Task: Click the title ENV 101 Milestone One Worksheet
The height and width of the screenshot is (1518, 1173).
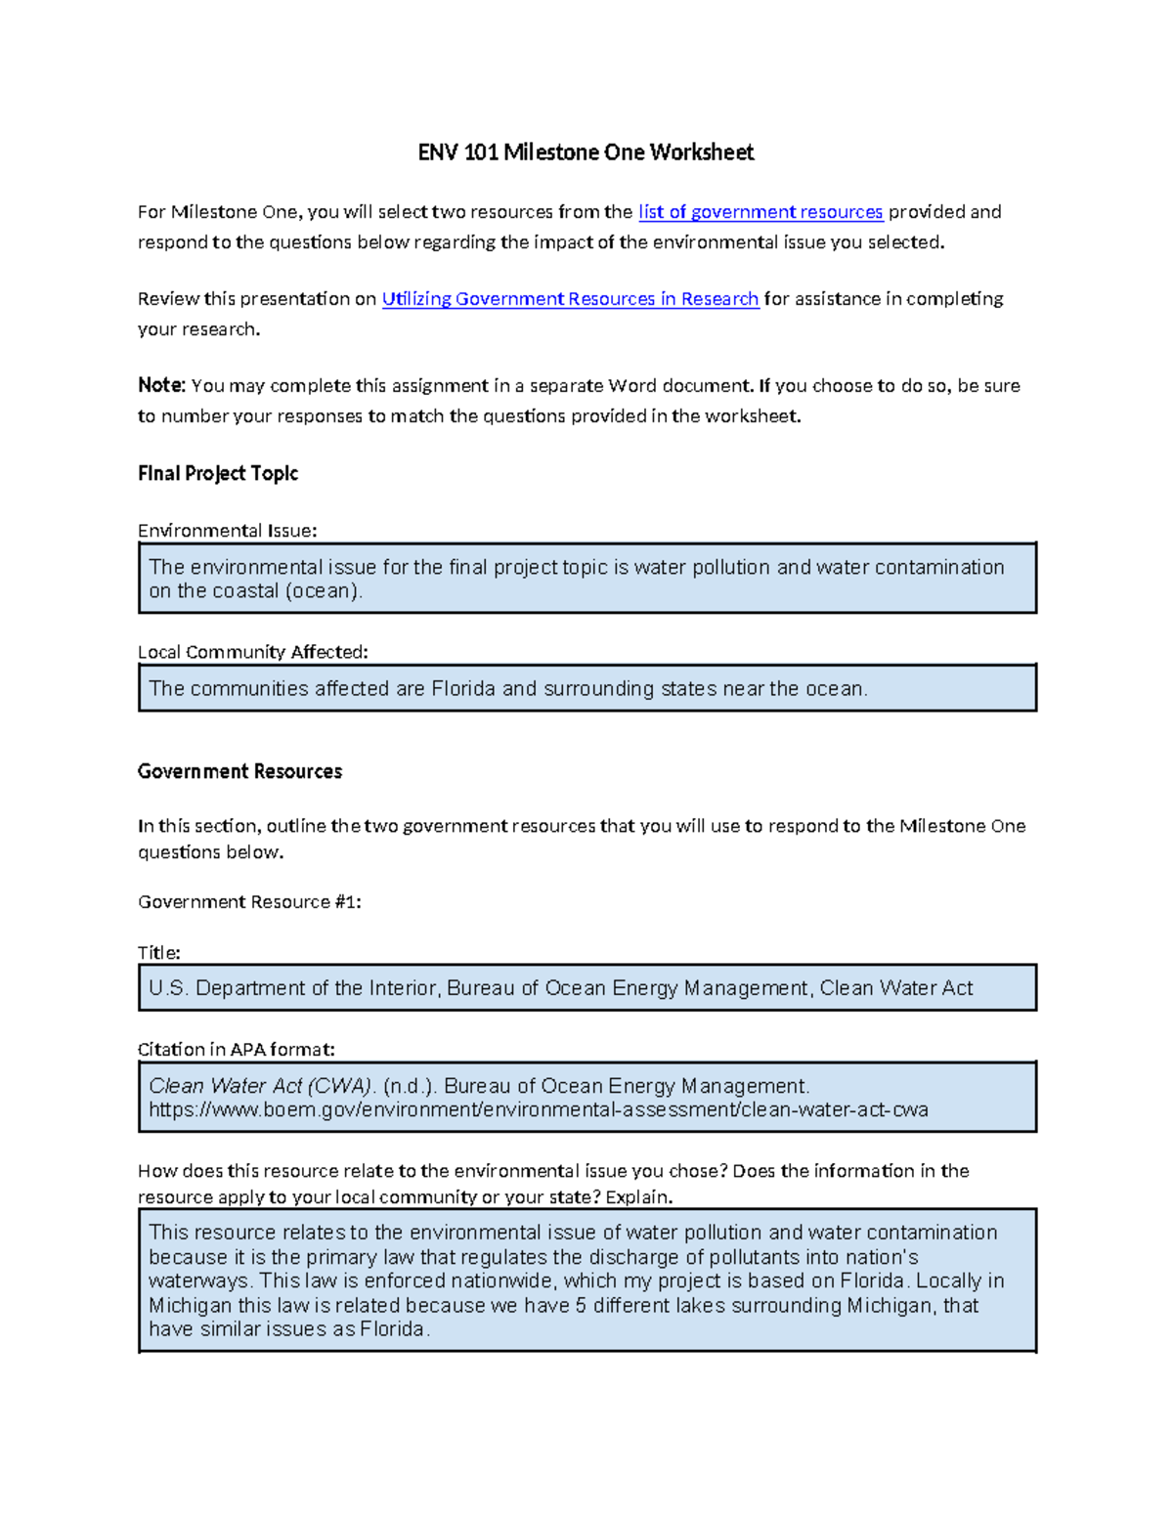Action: (586, 152)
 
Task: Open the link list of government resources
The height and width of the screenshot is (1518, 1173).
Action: (760, 212)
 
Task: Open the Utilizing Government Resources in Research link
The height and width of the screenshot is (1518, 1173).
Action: (570, 299)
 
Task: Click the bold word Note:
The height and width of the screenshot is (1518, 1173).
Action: (161, 386)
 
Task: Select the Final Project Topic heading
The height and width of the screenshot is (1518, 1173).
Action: (217, 473)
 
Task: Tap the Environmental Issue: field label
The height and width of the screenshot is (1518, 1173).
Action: (227, 531)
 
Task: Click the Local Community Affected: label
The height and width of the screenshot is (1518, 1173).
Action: (252, 652)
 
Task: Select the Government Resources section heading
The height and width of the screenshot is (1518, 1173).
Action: (239, 771)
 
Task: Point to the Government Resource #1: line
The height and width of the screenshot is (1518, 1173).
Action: (249, 902)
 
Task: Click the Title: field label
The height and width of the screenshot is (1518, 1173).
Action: (158, 953)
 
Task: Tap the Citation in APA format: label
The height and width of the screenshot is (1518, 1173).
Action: (236, 1050)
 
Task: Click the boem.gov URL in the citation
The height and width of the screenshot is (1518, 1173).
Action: (538, 1110)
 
